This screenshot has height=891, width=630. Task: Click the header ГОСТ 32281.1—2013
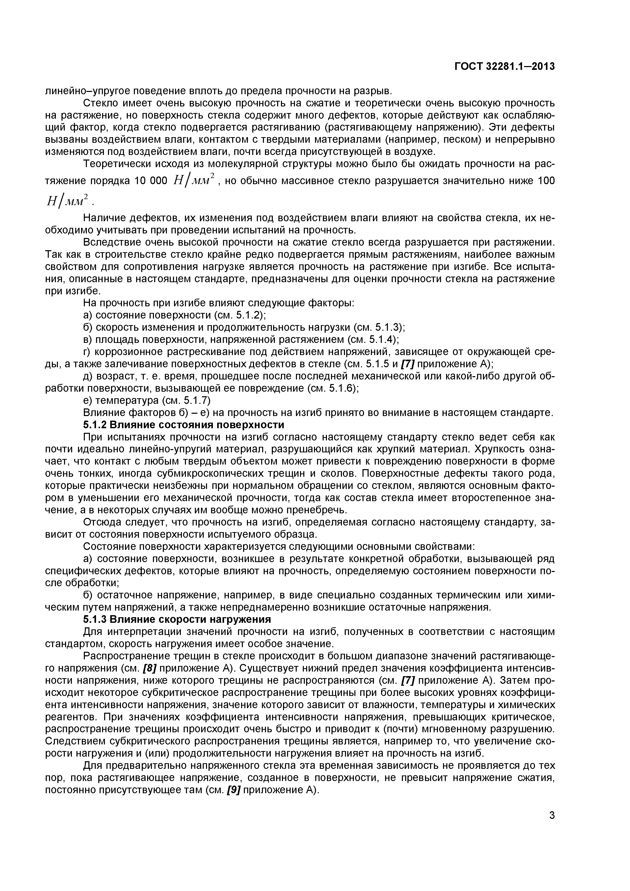504,67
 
